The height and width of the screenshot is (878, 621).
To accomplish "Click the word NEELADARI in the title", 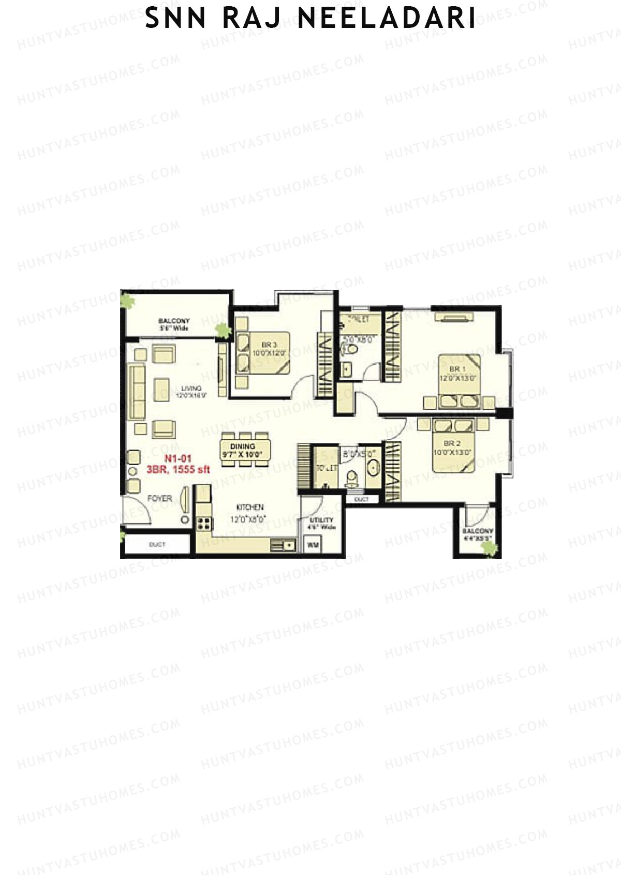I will (387, 19).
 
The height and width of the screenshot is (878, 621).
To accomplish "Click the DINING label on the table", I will (243, 446).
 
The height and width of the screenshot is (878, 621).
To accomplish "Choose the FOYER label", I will (159, 499).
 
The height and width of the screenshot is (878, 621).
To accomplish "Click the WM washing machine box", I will (313, 545).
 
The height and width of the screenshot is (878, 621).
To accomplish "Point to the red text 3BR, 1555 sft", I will (178, 470).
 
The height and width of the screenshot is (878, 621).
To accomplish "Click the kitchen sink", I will (283, 545).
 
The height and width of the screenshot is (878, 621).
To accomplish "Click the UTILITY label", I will (322, 520).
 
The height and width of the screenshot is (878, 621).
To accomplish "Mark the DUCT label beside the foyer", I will (157, 544).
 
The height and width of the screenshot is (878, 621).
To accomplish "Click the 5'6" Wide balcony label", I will (174, 329).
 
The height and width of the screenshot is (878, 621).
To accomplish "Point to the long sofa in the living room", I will (137, 392).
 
